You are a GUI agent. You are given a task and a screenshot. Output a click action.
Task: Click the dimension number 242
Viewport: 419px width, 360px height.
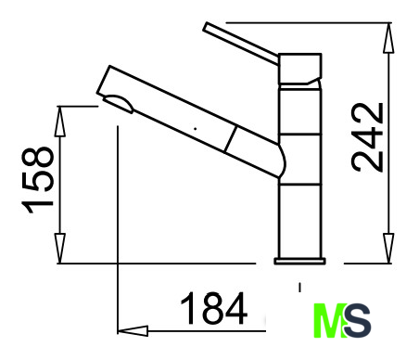click(x=367, y=137)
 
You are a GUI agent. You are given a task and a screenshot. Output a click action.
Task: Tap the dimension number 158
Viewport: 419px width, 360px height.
click(x=37, y=180)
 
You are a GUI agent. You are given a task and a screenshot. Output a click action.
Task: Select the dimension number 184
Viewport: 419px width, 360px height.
click(x=213, y=308)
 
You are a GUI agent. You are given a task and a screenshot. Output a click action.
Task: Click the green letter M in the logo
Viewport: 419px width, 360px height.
click(x=329, y=320)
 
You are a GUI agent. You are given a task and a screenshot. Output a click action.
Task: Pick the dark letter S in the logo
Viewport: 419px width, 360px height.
click(x=358, y=320)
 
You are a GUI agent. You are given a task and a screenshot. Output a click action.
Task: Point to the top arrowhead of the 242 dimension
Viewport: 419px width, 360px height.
click(x=388, y=38)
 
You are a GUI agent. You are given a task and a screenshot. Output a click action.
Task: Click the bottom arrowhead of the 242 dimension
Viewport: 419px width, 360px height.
click(x=388, y=249)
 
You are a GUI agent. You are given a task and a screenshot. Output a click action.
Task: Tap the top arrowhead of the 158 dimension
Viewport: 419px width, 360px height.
click(x=60, y=122)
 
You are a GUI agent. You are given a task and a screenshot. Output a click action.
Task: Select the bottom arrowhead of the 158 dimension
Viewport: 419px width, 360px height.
click(x=60, y=249)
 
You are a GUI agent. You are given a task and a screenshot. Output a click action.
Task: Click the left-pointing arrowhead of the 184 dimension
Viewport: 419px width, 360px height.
click(x=133, y=331)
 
